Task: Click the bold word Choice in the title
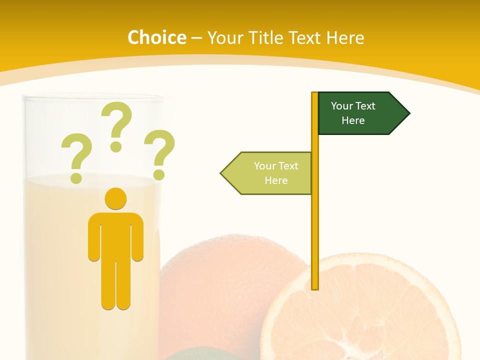(x=156, y=37)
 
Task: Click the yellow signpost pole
(x=315, y=225)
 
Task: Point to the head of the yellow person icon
(x=115, y=198)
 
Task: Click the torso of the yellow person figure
(x=115, y=235)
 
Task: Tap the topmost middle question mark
(x=116, y=120)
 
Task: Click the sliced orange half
(x=360, y=310)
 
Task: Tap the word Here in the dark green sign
(x=353, y=120)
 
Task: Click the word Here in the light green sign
(x=276, y=180)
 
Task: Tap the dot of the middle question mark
(x=116, y=146)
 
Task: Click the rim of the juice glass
(x=94, y=98)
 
